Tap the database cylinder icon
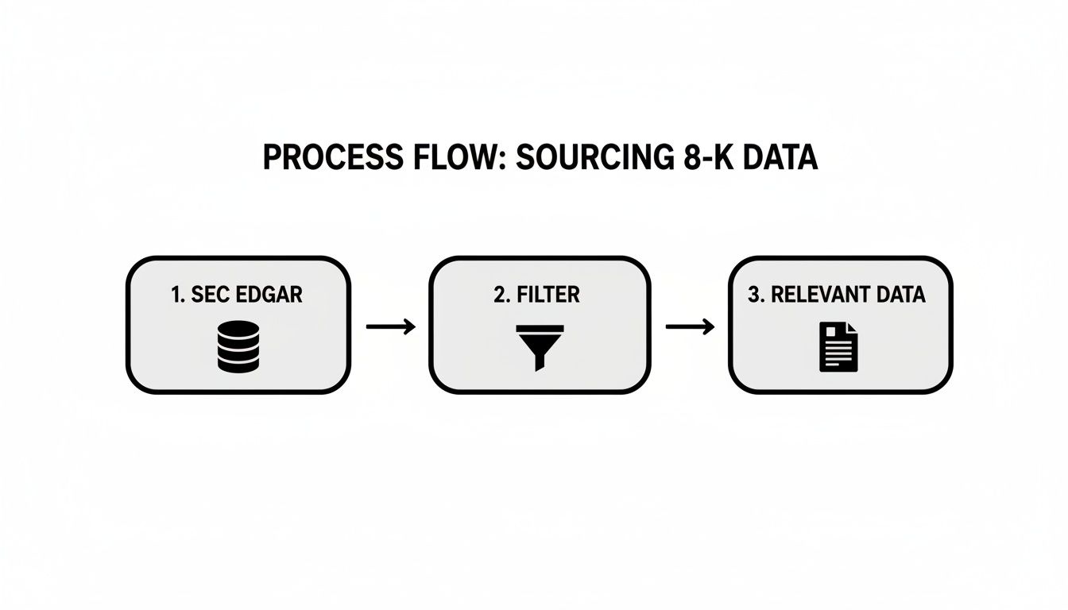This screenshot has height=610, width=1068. [x=238, y=347]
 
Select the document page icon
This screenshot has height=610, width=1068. [x=839, y=347]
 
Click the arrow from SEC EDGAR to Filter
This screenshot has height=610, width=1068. [x=390, y=326]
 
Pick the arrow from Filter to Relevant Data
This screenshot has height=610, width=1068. [x=690, y=326]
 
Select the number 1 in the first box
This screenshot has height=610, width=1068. [x=175, y=295]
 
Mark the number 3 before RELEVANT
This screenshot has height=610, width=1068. [x=754, y=295]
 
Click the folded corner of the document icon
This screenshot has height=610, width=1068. [x=852, y=328]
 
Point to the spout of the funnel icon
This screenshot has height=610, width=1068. [x=540, y=362]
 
